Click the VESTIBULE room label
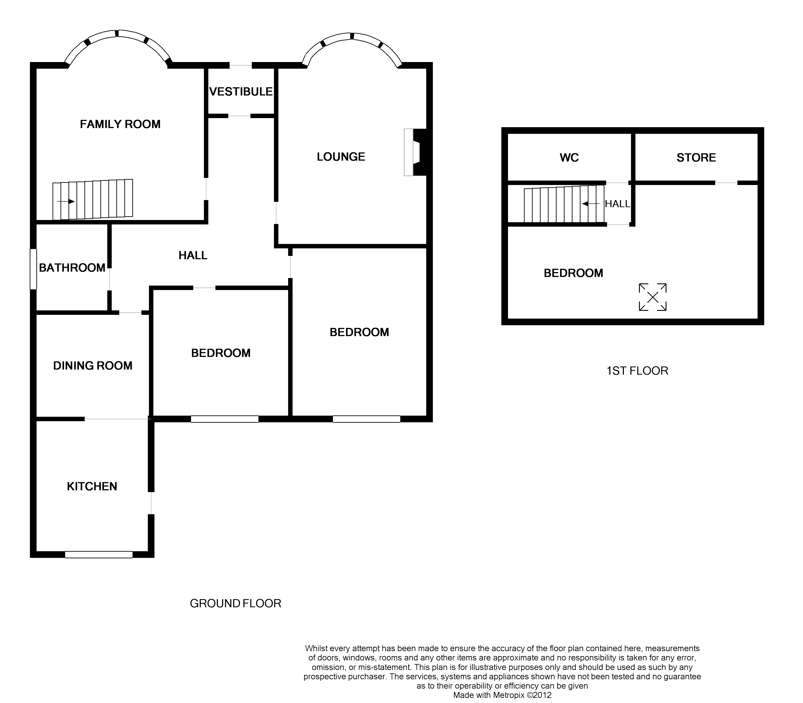(241, 92)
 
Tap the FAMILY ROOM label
(120, 124)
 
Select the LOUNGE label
(341, 157)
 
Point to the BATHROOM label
(72, 268)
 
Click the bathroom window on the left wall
(34, 269)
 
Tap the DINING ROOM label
(93, 366)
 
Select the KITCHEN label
(92, 487)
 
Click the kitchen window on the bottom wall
(99, 554)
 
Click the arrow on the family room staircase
(66, 202)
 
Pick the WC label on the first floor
(569, 158)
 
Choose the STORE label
(696, 158)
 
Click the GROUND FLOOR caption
(235, 603)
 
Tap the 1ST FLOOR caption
(637, 371)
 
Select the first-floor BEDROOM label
(573, 273)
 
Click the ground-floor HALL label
(193, 255)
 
